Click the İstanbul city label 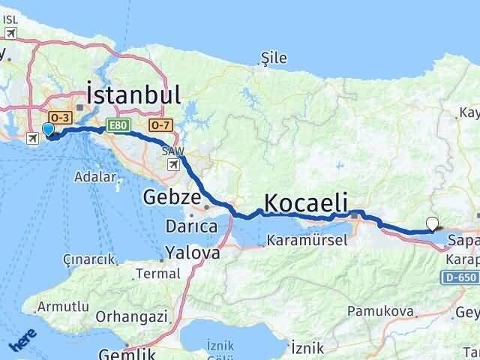click(x=133, y=96)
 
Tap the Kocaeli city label click(x=305, y=202)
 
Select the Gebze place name click(x=172, y=198)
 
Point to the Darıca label click(x=192, y=225)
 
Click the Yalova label click(x=193, y=253)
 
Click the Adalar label click(x=95, y=178)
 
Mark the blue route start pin click(x=49, y=130)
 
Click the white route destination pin click(x=431, y=223)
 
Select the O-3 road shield click(x=59, y=118)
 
